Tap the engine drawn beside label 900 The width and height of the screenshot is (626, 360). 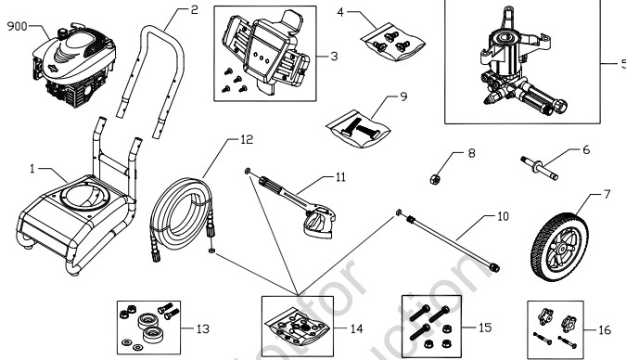[x=70, y=60]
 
